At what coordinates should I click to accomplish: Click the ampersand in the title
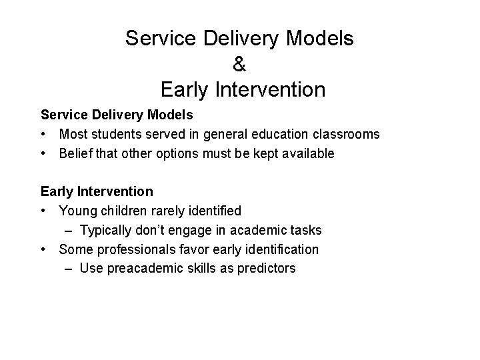pyautogui.click(x=240, y=63)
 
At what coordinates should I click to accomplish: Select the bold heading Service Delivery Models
pyautogui.click(x=117, y=115)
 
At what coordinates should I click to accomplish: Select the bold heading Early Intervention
pyautogui.click(x=97, y=192)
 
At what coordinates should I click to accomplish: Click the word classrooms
pyautogui.click(x=346, y=135)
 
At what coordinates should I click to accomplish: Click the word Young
pyautogui.click(x=77, y=211)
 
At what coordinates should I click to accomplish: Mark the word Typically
pyautogui.click(x=107, y=231)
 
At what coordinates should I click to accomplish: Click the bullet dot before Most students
pyautogui.click(x=45, y=135)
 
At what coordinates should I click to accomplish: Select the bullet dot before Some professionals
pyautogui.click(x=45, y=250)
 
